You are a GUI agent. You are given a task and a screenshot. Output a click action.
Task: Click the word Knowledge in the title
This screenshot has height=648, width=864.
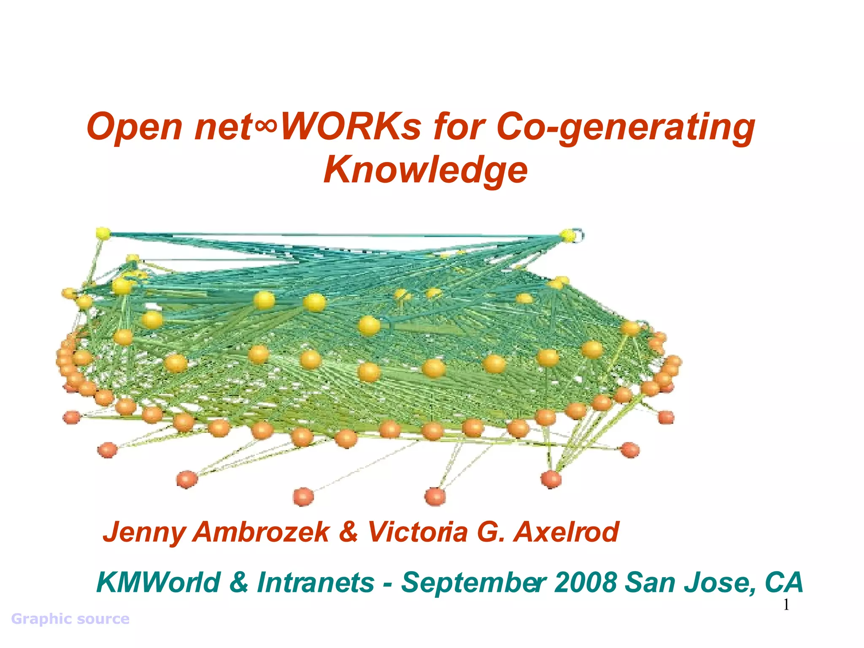point(425,170)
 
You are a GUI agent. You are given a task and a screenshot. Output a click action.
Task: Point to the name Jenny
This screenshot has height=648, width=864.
point(143,532)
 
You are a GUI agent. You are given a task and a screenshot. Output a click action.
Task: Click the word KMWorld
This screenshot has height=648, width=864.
point(158,582)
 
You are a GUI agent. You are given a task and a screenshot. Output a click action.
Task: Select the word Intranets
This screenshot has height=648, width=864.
point(316,582)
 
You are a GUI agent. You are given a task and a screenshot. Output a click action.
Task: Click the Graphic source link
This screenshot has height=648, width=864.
point(70,619)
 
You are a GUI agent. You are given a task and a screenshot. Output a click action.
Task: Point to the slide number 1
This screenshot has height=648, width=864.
point(786,605)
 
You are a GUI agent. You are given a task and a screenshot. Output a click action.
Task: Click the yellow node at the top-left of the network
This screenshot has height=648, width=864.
point(103,233)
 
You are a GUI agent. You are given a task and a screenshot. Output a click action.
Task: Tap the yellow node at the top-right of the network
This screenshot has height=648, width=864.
point(568,235)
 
